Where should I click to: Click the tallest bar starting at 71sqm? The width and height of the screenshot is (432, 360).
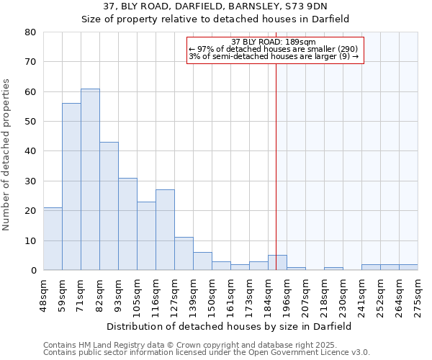coord(90,179)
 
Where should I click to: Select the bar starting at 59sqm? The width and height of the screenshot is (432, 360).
coord(71,186)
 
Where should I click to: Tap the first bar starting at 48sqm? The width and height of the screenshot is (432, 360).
coord(53,238)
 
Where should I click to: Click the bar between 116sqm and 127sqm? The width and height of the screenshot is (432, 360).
coord(165,230)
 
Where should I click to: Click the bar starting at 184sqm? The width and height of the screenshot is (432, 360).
coord(277,263)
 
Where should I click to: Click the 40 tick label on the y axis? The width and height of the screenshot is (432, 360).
coord(30,151)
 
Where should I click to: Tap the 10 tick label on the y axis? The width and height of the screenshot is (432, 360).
coord(30,240)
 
